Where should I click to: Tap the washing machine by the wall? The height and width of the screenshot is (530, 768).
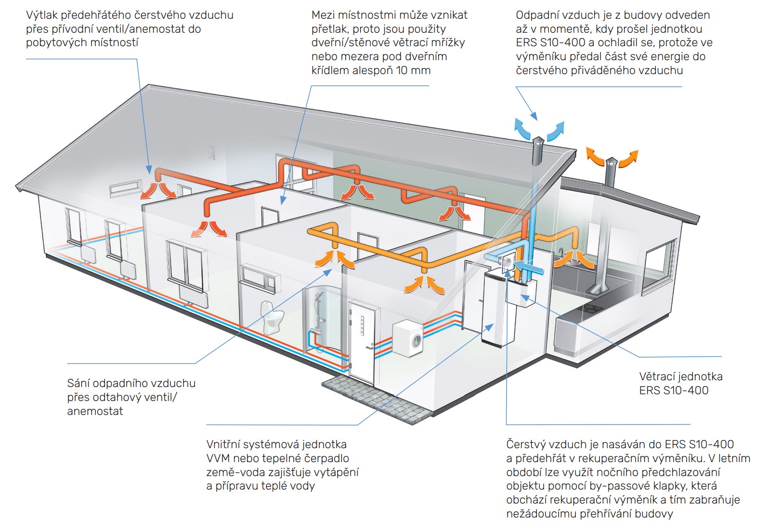(408, 338)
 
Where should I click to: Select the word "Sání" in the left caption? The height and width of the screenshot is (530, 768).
(78, 383)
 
